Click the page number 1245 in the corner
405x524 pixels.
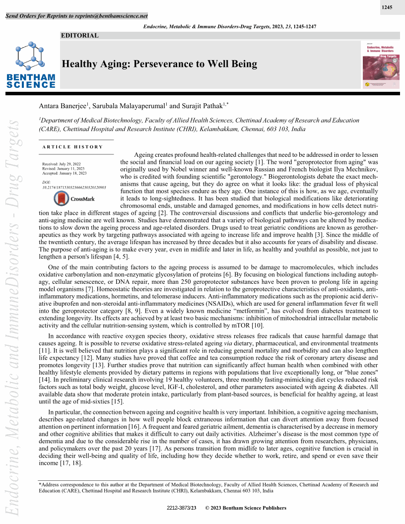click(x=387, y=7)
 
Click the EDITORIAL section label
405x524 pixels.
click(x=80, y=35)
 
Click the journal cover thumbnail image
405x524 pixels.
click(x=381, y=65)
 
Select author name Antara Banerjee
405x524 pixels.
click(x=63, y=106)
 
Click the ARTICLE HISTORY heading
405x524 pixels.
click(x=73, y=147)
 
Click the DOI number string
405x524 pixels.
click(x=74, y=188)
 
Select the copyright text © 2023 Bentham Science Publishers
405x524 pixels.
click(x=246, y=508)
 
